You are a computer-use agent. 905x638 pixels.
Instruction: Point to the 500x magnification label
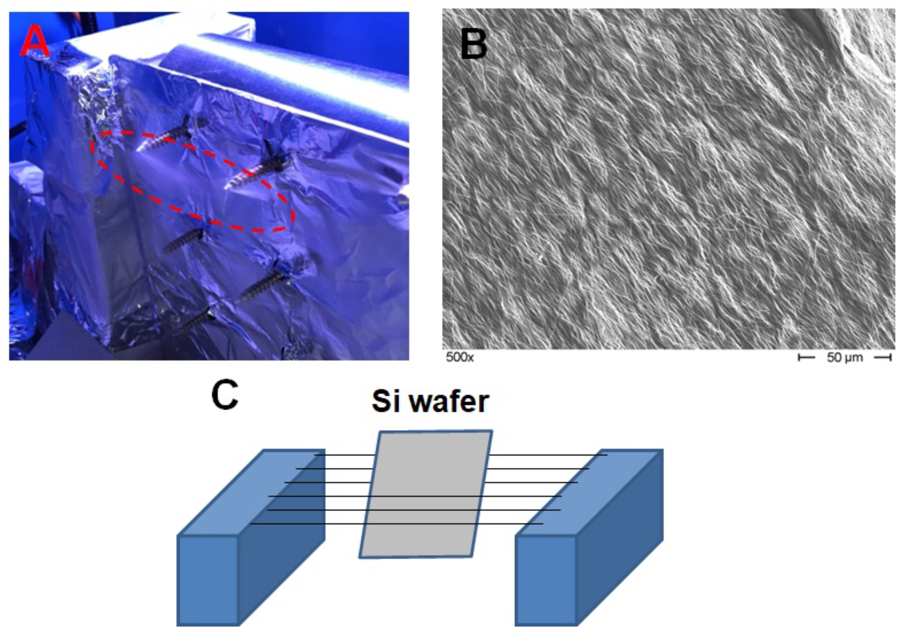(x=460, y=357)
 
